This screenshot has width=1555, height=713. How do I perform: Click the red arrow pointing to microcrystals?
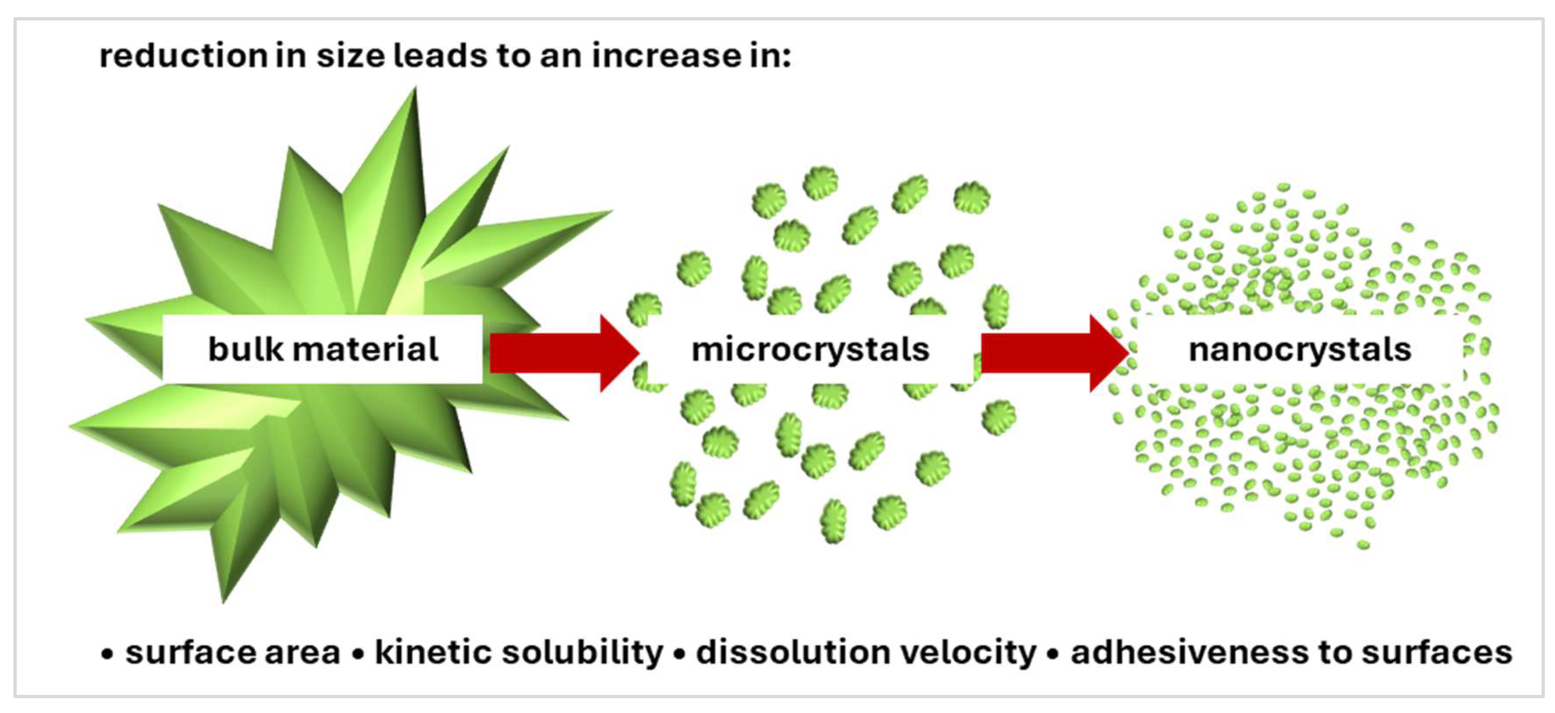[561, 353]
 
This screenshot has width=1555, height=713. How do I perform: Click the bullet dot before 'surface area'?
[108, 654]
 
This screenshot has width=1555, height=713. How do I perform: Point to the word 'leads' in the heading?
[440, 56]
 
